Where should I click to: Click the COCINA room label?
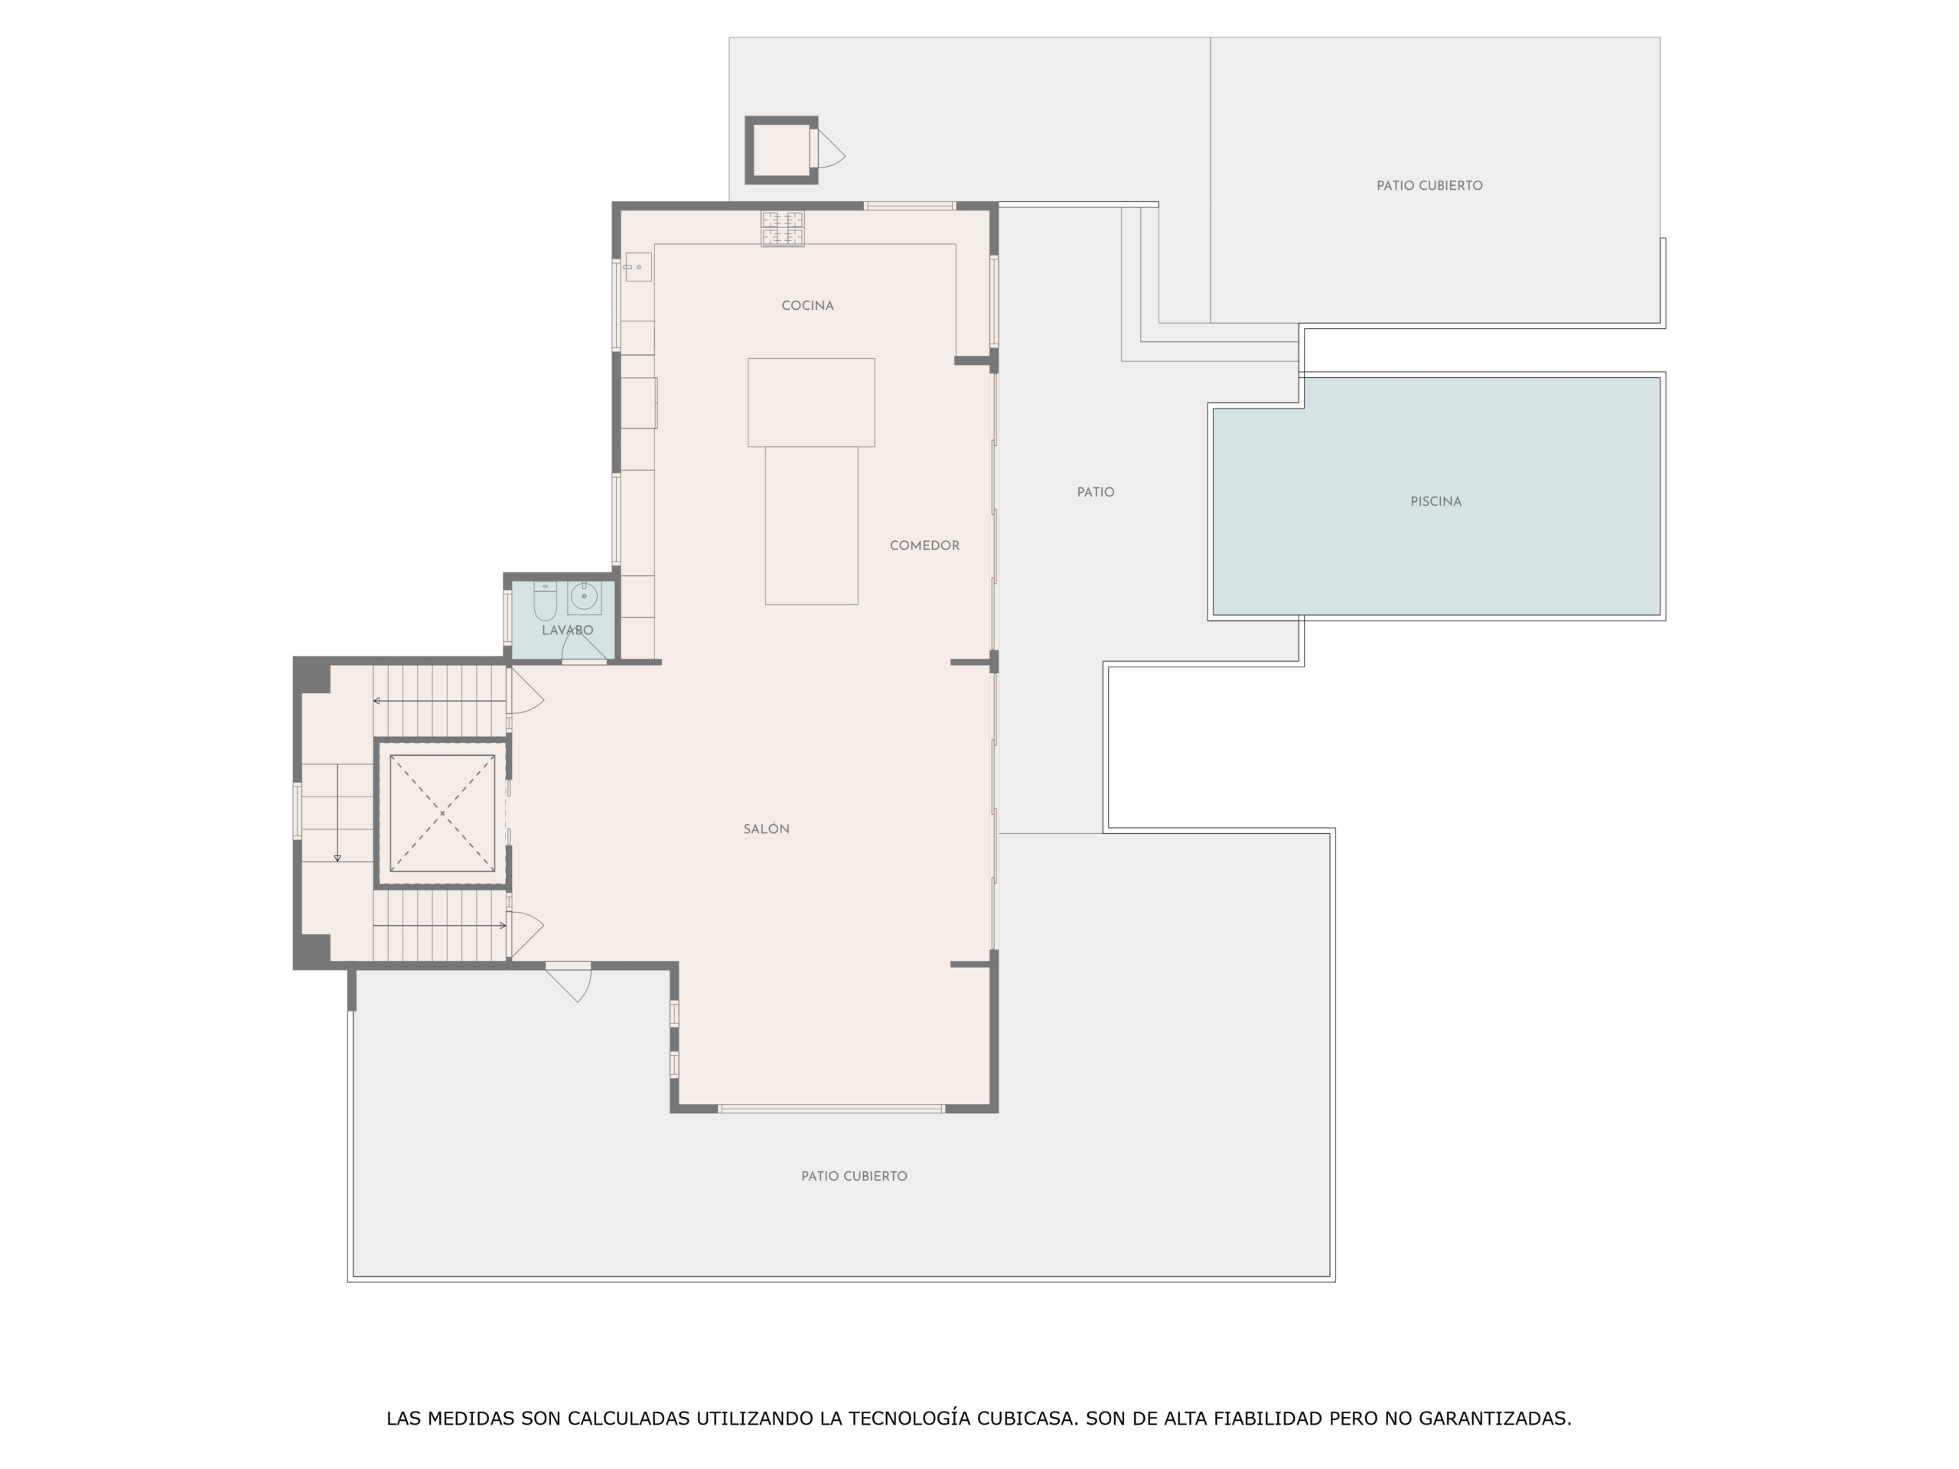(x=807, y=305)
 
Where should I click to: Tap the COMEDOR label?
(x=924, y=546)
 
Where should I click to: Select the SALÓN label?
(x=766, y=829)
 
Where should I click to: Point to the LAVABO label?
(x=568, y=630)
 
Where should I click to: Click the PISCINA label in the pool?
(x=1436, y=501)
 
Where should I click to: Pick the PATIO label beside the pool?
(x=1096, y=492)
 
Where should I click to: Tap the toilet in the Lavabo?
(x=545, y=601)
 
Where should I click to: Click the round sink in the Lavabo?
(x=584, y=598)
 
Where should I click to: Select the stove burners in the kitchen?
(x=782, y=229)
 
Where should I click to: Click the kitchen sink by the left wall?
(x=637, y=266)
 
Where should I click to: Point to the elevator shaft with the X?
(x=442, y=813)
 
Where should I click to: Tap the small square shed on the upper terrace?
(x=781, y=151)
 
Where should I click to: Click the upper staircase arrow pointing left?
(x=439, y=700)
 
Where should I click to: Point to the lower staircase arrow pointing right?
(x=439, y=925)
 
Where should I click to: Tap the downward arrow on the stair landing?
(x=337, y=813)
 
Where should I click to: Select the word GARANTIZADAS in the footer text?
(x=1495, y=1419)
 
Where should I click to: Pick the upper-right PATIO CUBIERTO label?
(x=1429, y=186)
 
